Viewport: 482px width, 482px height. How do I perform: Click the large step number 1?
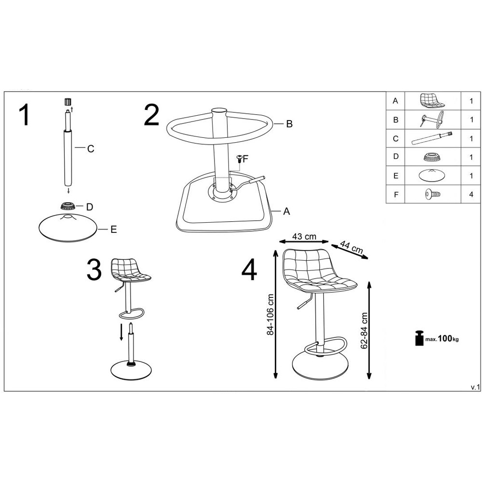[x=24, y=115]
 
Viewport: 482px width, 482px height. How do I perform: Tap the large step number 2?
[x=151, y=115]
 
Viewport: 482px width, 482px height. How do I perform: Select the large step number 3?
[x=94, y=269]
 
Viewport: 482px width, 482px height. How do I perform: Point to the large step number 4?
[x=249, y=269]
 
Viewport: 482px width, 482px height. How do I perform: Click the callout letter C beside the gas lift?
[x=91, y=149]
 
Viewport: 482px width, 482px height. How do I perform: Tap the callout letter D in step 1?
[x=90, y=207]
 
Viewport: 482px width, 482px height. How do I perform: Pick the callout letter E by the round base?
[x=114, y=229]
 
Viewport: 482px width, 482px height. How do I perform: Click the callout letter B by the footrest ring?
[x=289, y=124]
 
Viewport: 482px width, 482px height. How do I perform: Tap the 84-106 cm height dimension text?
[x=270, y=314]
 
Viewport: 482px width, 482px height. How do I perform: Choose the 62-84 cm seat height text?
[x=364, y=331]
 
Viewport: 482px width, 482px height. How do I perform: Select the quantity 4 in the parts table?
[x=471, y=194]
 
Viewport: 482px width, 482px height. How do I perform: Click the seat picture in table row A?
[x=432, y=101]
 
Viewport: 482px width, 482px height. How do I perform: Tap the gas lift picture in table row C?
[x=431, y=138]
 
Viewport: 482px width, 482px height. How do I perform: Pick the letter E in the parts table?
[x=396, y=176]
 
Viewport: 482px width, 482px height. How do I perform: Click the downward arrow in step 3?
[x=122, y=332]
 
